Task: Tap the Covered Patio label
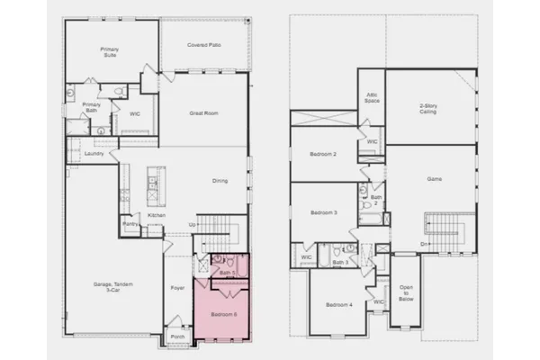[204, 44]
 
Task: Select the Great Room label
[201, 113]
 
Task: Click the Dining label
[220, 182]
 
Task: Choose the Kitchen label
[157, 216]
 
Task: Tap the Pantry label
[129, 223]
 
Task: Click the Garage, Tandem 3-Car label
[114, 288]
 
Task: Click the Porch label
[176, 339]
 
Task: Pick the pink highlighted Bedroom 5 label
[223, 314]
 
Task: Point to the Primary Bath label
[92, 107]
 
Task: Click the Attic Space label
[372, 98]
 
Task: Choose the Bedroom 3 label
[323, 213]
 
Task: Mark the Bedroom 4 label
[339, 304]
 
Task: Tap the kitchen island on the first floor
[154, 184]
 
